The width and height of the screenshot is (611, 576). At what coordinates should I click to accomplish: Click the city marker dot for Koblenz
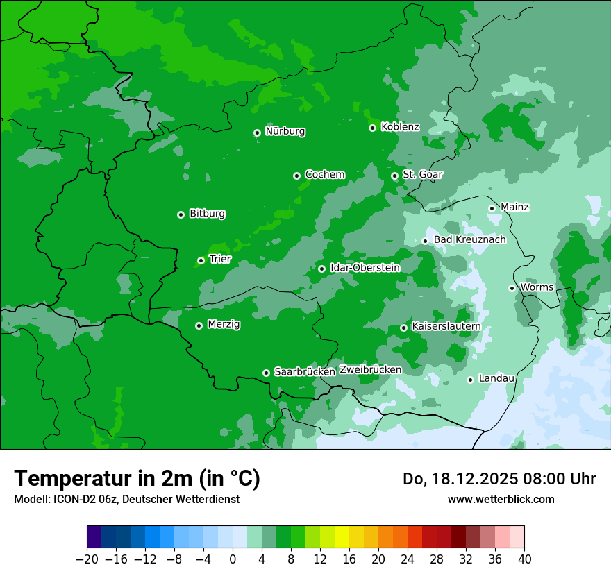pos(373,128)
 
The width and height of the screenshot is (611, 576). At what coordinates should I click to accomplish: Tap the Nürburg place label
pos(285,131)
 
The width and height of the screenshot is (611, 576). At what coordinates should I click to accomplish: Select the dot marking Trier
pos(201,260)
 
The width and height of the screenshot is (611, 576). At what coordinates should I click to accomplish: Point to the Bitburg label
pos(207,214)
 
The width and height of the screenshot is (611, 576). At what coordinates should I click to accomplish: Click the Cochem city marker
pos(297,176)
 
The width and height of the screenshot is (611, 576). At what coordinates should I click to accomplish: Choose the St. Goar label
pos(422,174)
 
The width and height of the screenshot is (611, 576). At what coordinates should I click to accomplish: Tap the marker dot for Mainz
pos(492,208)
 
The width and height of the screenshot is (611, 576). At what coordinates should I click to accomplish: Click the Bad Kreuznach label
pos(469,239)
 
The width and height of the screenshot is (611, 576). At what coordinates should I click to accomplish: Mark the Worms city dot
pos(512,288)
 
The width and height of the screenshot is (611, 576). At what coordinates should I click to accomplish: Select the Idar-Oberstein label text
pos(365,267)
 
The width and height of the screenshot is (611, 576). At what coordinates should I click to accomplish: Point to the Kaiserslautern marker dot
pos(404,328)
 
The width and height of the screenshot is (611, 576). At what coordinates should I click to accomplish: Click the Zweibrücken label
pos(370,369)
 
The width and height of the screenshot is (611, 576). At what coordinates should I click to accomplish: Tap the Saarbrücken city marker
pos(266,373)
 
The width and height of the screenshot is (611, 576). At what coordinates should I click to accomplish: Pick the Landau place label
pos(496,378)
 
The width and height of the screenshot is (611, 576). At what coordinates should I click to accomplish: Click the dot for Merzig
pos(199,325)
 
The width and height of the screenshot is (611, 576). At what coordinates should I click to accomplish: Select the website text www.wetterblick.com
pos(501,499)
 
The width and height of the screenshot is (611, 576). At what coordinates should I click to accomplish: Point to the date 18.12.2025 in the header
pos(475,479)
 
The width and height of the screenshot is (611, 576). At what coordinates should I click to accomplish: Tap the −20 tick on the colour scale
pos(87,559)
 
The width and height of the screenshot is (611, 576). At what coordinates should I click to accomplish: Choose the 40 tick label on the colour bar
pos(524,559)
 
